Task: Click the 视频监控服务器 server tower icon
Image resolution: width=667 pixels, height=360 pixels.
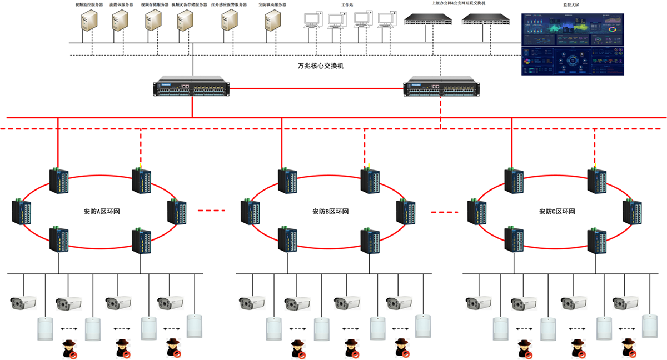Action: [89, 21]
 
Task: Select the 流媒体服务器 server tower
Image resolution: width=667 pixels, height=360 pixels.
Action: [121, 21]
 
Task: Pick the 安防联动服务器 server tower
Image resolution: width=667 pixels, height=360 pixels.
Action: [272, 21]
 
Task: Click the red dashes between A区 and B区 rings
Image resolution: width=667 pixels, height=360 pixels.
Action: [212, 211]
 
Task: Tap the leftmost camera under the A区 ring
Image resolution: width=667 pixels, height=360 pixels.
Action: [23, 303]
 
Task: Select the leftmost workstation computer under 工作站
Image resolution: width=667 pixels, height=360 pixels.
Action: [311, 21]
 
